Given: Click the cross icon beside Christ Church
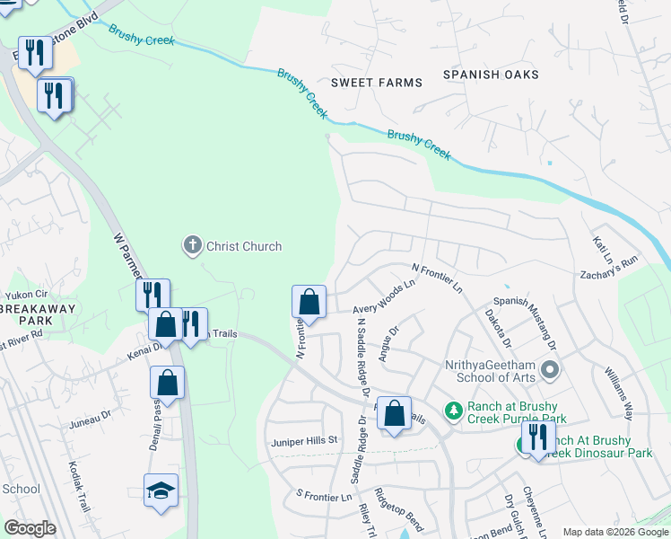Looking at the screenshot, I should click(192, 245).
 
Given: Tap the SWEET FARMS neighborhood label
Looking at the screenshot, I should click(377, 83).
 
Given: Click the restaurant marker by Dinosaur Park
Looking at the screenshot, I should click(537, 438).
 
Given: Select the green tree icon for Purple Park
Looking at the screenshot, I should click(455, 411).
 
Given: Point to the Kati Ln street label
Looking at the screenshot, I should click(601, 244).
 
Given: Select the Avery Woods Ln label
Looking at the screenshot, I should click(387, 295).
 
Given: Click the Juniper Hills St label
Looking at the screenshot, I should click(303, 440).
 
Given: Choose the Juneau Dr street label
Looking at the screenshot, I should click(89, 415).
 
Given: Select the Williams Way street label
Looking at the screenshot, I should click(619, 387).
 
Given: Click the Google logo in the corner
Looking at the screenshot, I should click(29, 528).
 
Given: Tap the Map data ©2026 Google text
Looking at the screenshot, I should click(614, 532).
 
